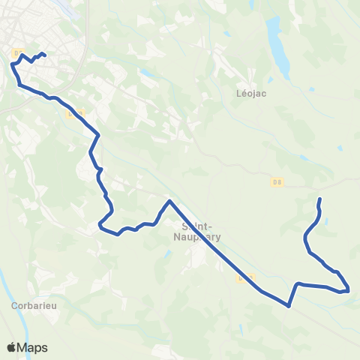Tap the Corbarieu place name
coord(29,306)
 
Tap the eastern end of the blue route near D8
coord(320,199)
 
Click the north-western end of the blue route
coord(45,54)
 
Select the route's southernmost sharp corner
coord(289,305)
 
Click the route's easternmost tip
coord(349,289)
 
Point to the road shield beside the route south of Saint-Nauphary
coord(242,278)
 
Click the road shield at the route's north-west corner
coord(18,52)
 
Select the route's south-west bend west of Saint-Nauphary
coord(100,224)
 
